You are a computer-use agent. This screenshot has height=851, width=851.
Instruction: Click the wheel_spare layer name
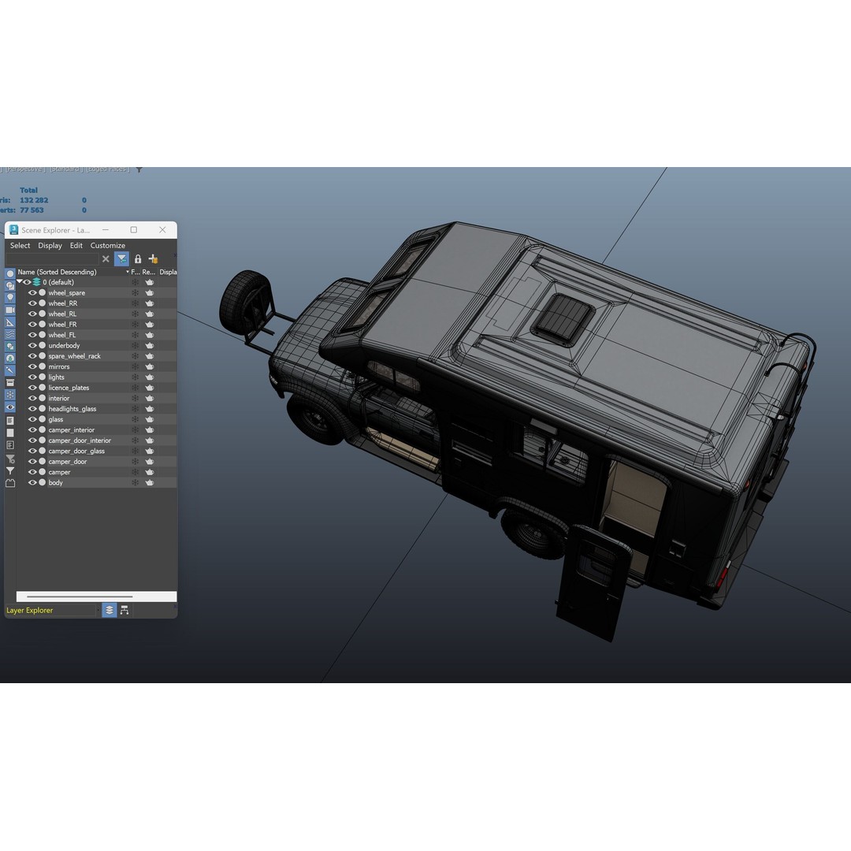[x=66, y=293]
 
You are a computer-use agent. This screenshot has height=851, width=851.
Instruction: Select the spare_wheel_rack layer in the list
[x=74, y=356]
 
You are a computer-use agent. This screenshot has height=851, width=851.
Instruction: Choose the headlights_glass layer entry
[x=72, y=409]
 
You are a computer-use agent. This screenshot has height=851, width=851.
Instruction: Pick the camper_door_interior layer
[x=79, y=440]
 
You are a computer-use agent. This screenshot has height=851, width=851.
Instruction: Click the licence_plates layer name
[x=69, y=388]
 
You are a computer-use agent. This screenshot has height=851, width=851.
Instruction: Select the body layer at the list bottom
[x=55, y=483]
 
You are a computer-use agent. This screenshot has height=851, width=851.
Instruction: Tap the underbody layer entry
[x=64, y=346]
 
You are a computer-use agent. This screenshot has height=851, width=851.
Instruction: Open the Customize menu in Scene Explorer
[x=107, y=246]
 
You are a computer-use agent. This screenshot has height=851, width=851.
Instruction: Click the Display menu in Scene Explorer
[x=50, y=246]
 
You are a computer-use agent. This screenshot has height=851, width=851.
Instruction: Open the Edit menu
[x=76, y=246]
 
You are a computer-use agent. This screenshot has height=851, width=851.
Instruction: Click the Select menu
[x=20, y=246]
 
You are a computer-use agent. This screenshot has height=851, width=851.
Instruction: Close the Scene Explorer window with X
[x=162, y=230]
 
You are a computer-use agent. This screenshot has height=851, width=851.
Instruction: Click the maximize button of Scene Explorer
[x=134, y=230]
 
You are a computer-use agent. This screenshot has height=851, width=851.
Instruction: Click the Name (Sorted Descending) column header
[x=57, y=272]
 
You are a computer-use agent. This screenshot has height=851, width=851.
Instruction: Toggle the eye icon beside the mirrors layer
[x=32, y=366]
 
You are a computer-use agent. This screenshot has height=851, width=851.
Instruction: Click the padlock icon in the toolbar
[x=138, y=259]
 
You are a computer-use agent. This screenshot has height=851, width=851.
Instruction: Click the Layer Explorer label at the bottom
[x=30, y=611]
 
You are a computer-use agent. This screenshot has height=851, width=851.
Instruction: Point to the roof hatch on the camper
[x=563, y=318]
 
